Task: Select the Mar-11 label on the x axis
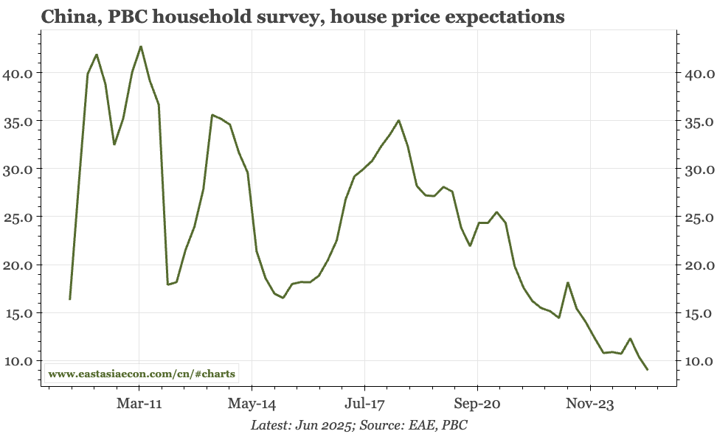click(x=139, y=405)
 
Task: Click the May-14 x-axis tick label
click(x=252, y=405)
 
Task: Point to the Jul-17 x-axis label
click(x=364, y=405)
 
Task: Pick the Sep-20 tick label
click(x=477, y=405)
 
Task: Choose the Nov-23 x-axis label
click(x=590, y=405)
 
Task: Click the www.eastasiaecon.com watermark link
click(x=142, y=374)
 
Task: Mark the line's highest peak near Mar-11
click(x=141, y=46)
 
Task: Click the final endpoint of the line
click(x=648, y=369)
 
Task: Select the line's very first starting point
click(x=70, y=299)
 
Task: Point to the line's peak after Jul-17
click(x=398, y=120)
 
